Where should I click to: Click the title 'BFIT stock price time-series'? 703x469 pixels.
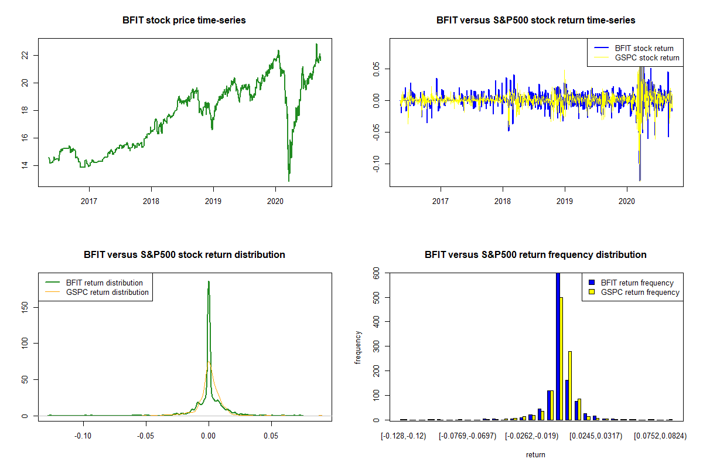click(x=184, y=21)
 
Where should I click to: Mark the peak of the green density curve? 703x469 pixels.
click(x=209, y=282)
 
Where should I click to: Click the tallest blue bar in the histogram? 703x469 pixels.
click(x=558, y=346)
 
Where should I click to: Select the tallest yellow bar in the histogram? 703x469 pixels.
click(x=561, y=358)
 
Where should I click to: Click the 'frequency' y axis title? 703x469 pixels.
click(x=358, y=347)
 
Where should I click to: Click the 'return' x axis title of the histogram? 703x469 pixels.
click(x=535, y=454)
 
